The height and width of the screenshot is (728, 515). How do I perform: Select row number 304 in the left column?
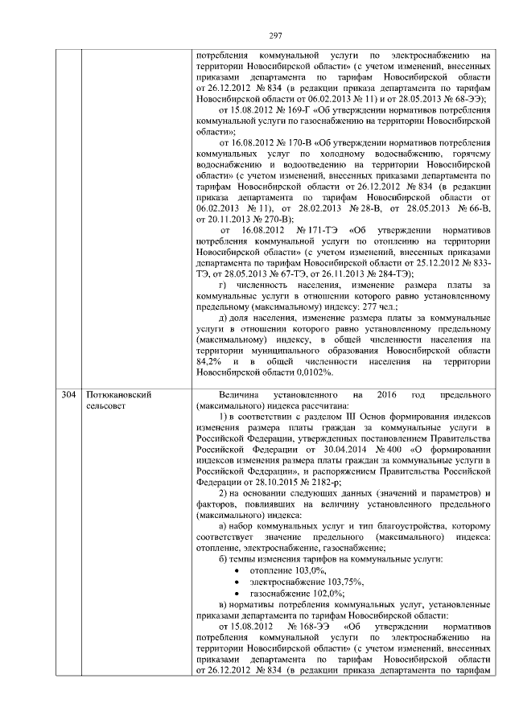click(x=69, y=396)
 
